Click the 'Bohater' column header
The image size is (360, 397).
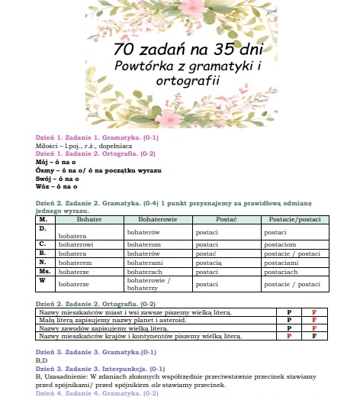tap(89, 219)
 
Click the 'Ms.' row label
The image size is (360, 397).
tap(44, 270)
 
